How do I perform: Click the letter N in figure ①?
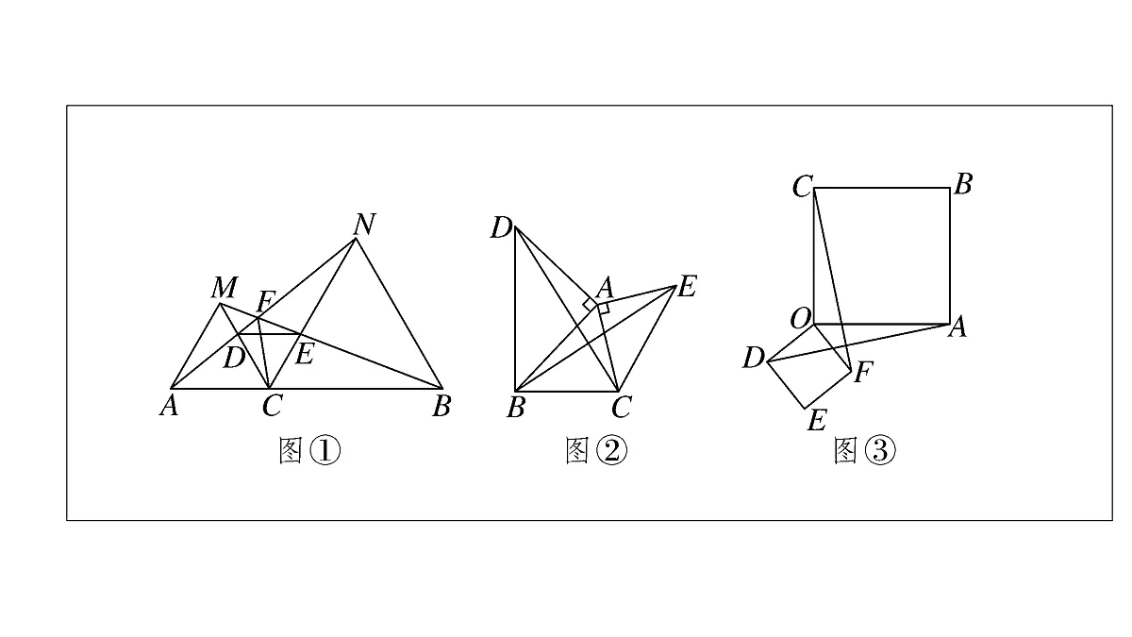365,224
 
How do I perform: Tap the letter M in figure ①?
225,288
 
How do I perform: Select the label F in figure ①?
265,302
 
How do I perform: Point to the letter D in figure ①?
234,358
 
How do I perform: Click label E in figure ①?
304,354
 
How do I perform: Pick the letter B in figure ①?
441,406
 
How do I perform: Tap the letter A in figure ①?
169,406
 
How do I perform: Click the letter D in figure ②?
501,228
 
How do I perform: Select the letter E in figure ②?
687,286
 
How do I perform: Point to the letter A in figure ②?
605,289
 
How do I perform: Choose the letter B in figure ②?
516,408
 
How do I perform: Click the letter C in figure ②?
621,407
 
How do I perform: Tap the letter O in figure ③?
801,319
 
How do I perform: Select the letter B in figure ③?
964,185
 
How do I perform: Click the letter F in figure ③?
863,373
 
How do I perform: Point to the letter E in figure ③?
817,420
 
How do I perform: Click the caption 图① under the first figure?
309,451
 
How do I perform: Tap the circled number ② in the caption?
611,451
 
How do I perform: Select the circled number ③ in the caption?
880,451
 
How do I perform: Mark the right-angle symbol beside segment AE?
604,309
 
